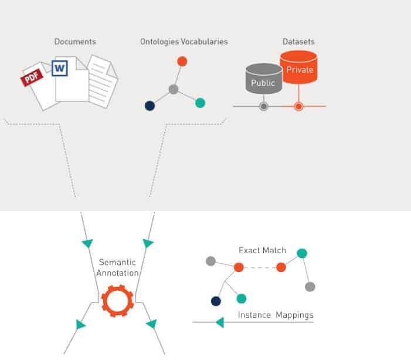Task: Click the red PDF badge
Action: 33,77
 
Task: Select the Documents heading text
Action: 75,42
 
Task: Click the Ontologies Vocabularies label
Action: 184,42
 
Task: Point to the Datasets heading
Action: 298,42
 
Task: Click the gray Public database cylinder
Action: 263,82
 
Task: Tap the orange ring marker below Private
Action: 298,107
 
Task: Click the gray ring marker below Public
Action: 264,107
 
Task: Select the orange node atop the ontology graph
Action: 182,61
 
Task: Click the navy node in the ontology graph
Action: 150,106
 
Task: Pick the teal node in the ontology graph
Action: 200,103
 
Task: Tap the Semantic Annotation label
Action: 118,267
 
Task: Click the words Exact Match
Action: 262,250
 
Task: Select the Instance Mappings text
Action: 275,315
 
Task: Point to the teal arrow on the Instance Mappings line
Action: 219,322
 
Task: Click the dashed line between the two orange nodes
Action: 260,267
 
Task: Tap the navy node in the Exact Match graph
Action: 216,301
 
